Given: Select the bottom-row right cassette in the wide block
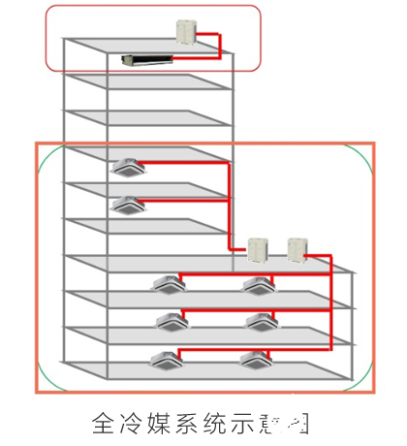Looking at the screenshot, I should pos(257,360).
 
